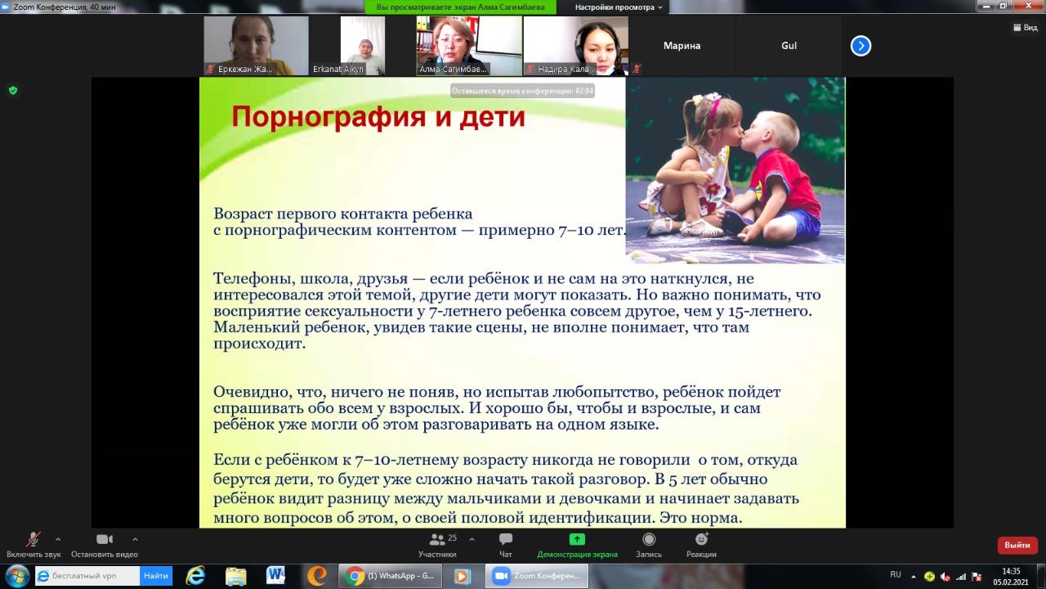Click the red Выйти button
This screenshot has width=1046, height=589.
coord(1017,545)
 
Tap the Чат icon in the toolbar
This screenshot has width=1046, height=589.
coord(505,539)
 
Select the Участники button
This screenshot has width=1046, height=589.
coord(437,546)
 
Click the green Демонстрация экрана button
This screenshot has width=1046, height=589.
coord(577,546)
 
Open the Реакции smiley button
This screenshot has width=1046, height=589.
coord(701,539)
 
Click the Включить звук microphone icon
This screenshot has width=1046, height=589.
coord(33,539)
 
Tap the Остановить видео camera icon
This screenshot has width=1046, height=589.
coord(104,539)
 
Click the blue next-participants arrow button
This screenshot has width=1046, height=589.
coord(860,46)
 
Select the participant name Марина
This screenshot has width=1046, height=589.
coord(682,46)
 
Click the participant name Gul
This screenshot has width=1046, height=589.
coord(789,46)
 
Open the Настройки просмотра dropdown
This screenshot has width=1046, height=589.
coord(619,7)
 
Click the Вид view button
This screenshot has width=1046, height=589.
coord(1025,28)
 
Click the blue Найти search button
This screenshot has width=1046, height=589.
coord(156,575)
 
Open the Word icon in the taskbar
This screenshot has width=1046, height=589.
coord(275,575)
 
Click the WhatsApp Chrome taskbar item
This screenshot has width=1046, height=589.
coord(390,575)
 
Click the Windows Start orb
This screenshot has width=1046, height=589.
coord(17,576)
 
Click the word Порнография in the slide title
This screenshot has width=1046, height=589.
coord(329,117)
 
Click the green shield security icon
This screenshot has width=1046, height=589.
coord(13,90)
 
